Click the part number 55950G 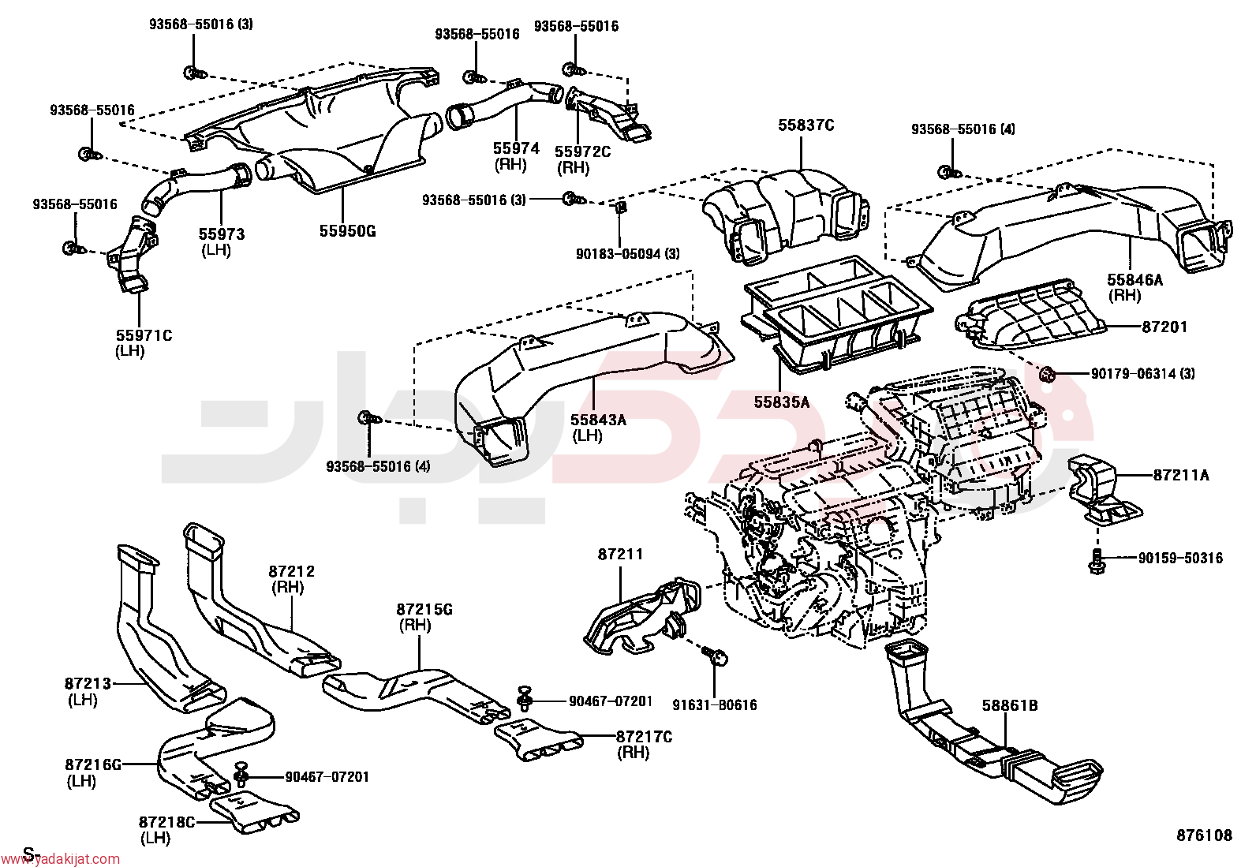tap(347, 231)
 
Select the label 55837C tap(806, 125)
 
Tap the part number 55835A tap(782, 402)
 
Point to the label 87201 tap(1164, 327)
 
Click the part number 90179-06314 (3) tap(1142, 373)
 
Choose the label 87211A tap(1181, 476)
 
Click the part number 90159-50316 tap(1180, 558)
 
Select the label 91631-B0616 tap(715, 705)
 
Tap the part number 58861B tap(1010, 705)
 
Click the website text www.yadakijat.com tap(60, 858)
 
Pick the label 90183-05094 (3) tap(627, 254)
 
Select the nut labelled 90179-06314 tap(1045, 373)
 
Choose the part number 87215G tap(424, 609)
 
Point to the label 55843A tap(598, 420)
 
